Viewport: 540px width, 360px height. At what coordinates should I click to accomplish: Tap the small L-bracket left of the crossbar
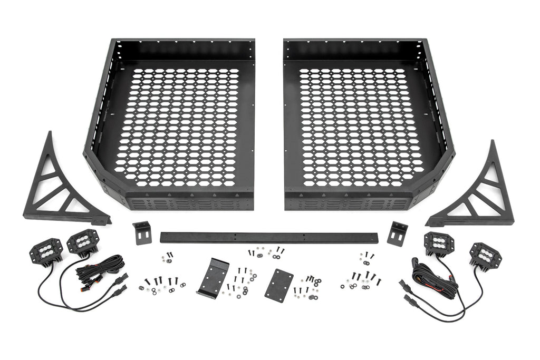(x=142, y=232)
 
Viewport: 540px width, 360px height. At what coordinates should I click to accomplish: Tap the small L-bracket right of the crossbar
(x=397, y=232)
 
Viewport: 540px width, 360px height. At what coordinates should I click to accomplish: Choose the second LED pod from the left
(x=80, y=242)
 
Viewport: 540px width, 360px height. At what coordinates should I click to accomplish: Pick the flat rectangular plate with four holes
(x=278, y=285)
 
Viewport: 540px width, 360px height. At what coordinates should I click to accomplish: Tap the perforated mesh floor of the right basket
(x=361, y=127)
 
